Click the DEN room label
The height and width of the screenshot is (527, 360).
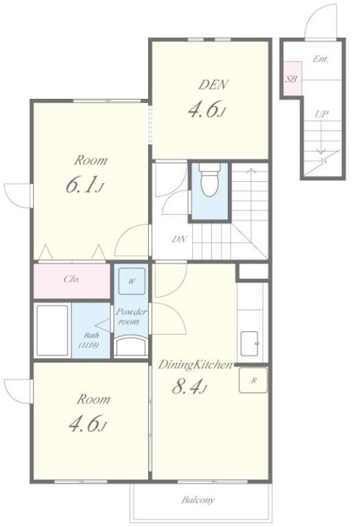[x=213, y=84]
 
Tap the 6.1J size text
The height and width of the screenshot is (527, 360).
[x=84, y=185]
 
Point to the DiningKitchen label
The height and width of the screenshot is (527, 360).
[x=195, y=364]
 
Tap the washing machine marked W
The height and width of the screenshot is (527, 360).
[x=132, y=281]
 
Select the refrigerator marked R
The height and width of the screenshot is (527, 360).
[x=253, y=380]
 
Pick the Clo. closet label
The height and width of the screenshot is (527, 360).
[x=72, y=279]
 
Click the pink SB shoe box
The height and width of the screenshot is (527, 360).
[x=292, y=78]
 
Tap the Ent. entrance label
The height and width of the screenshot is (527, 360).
[x=320, y=59]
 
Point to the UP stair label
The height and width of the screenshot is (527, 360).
[x=322, y=115]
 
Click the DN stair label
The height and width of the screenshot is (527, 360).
[x=180, y=239]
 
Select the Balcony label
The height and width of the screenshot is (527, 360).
[x=197, y=500]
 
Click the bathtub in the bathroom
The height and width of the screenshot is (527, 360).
[x=52, y=330]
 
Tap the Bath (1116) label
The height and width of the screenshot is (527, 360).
[x=91, y=340]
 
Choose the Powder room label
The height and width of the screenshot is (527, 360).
[x=131, y=316]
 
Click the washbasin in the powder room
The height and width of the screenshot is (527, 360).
[x=132, y=346]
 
